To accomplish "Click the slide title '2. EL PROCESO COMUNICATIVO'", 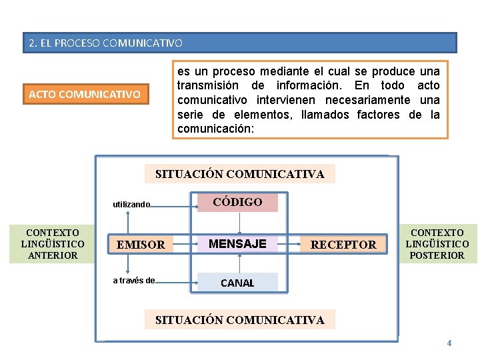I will [x=105, y=43].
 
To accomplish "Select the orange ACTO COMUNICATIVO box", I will [x=85, y=94].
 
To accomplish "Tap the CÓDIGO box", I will [x=237, y=202].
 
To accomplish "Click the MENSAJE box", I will [x=237, y=244].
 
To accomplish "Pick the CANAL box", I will [x=237, y=283].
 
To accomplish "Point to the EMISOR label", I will [x=141, y=245].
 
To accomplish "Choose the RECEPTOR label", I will [x=343, y=245].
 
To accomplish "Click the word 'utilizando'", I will [x=131, y=205].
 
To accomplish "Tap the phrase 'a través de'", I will [x=133, y=281].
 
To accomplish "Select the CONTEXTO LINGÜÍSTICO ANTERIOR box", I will [x=52, y=244].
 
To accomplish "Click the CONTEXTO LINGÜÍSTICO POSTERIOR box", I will [x=437, y=244].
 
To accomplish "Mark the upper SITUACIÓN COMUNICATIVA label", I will [x=240, y=174].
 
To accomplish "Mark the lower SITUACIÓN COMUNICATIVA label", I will [x=240, y=320].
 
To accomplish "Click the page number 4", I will [x=449, y=343].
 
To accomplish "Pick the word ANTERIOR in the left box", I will [x=52, y=255].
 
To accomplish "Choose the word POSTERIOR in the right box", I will [x=437, y=255].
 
